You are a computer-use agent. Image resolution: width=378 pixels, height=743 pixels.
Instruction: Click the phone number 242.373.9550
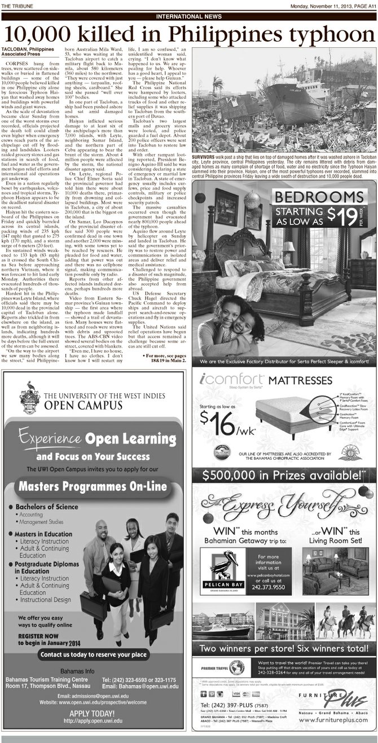pos(265,586)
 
